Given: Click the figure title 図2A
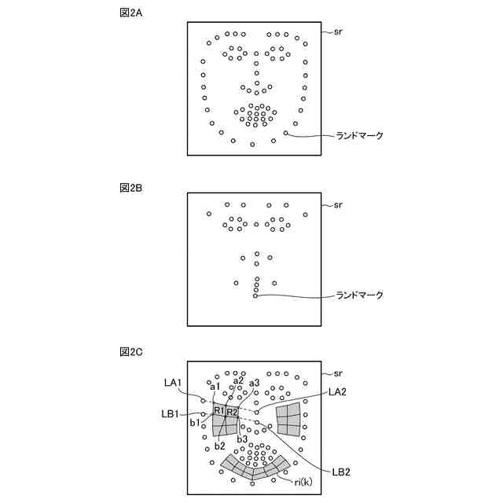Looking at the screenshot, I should coord(130,14).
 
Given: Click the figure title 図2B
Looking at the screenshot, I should coord(130,188).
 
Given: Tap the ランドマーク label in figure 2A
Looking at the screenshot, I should coord(359,136).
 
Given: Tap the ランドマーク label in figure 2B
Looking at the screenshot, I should coord(359,296).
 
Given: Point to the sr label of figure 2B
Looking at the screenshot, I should coord(339,205).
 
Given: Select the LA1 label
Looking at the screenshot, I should coord(173,383).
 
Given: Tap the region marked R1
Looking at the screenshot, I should coord(219,411).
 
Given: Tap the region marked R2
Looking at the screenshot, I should coord(233,412).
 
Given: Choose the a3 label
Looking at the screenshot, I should coord(254,383).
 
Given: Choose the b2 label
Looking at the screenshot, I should coord(220,446).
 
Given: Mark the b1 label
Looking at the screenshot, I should coord(196,423).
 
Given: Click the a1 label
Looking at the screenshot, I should coord(215,386).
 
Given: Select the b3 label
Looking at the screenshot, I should coord(243,439).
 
